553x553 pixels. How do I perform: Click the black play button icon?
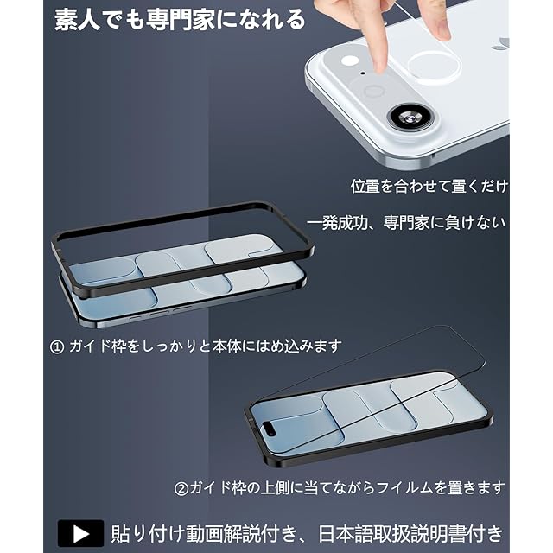pos(80,533)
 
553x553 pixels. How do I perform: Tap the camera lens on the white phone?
pos(410,118)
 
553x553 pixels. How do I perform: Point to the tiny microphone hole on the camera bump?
pos(363,73)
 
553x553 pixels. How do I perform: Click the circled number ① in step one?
pos(58,347)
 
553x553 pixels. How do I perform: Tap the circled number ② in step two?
pos(181,489)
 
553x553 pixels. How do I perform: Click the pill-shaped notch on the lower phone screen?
pos(271,429)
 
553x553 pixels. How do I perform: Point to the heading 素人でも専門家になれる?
pos(180,19)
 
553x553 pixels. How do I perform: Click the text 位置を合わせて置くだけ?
pos(429,186)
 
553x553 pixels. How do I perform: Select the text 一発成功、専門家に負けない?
pos(406,223)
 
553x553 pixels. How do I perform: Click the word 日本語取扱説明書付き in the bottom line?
pos(411,534)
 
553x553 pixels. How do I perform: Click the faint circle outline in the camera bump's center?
pos(373,92)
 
